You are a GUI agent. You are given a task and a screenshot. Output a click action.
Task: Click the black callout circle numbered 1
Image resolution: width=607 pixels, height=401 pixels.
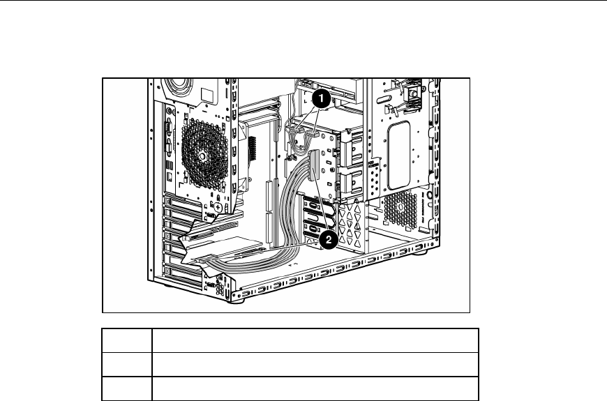coord(321,99)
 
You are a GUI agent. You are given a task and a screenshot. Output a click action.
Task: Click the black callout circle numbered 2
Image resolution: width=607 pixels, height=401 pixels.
coord(329,240)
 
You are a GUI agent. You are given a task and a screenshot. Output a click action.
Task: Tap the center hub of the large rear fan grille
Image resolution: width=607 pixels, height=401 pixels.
coord(202,156)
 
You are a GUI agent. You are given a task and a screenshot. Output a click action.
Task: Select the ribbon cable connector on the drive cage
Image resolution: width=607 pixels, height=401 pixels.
coord(313,166)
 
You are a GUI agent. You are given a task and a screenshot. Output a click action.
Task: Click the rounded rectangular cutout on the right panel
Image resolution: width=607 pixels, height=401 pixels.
coord(398,155)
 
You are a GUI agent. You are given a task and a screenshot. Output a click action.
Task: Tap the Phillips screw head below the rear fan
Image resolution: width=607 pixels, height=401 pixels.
coord(218,207)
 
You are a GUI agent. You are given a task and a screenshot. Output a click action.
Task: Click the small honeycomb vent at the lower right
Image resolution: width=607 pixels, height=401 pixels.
coord(400,209)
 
